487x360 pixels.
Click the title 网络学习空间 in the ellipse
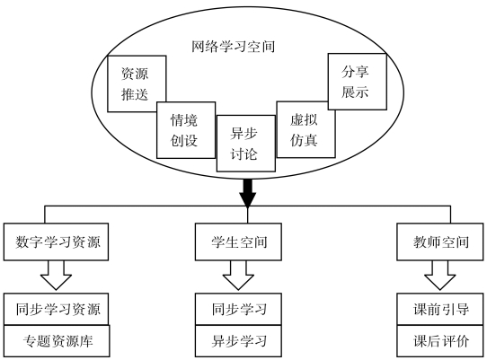233,47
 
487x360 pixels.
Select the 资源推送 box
137,83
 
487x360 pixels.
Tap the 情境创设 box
186,130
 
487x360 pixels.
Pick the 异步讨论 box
246,144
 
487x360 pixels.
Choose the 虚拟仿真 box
305,129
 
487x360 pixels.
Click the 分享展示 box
358,82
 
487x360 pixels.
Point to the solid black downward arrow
247,193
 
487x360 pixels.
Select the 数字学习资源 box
56,241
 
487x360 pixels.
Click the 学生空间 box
238,241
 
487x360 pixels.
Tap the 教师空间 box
440,241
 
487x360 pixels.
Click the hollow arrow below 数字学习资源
56,276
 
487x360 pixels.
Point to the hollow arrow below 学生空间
238,276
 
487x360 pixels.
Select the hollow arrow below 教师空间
440,276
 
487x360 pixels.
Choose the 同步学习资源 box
56,309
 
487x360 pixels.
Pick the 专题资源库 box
57,341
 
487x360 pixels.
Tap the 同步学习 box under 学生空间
238,309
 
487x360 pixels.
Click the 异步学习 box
238,341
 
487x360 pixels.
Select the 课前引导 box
440,309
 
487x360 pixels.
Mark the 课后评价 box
440,341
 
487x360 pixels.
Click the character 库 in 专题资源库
86,341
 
